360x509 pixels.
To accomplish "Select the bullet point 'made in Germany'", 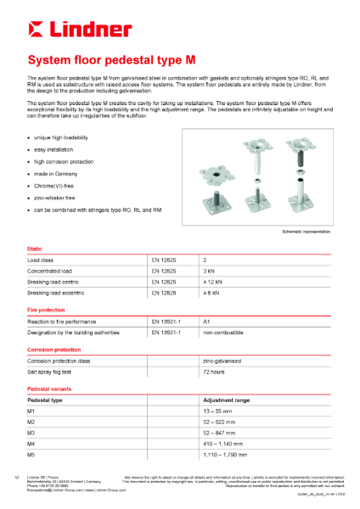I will point(55,172).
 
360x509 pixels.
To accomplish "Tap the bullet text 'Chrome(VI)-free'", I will point(57,184).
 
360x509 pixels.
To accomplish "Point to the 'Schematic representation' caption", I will point(304,232).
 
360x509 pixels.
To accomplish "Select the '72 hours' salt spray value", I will point(213,372).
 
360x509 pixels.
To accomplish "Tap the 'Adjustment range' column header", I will point(225,399).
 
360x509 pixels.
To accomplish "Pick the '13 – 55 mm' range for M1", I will point(219,410).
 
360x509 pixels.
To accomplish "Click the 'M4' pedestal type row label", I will point(31,443).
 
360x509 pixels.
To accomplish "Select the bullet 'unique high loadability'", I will point(63,137).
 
